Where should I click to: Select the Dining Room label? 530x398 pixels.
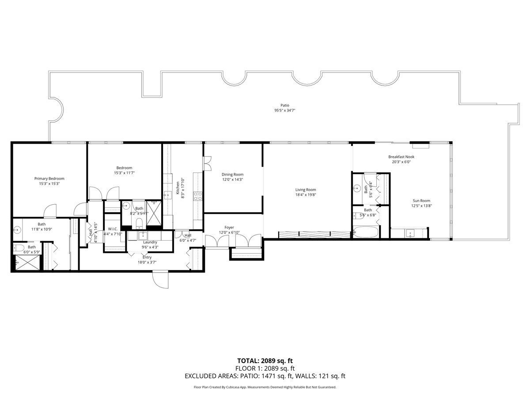(232, 174)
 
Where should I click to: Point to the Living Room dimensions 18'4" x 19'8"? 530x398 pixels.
(306, 195)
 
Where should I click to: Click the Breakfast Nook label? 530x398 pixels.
(401, 157)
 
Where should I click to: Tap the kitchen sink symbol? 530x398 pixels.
(168, 195)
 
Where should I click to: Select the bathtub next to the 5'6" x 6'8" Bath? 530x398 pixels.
(366, 232)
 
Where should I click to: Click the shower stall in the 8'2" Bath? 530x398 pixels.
(154, 207)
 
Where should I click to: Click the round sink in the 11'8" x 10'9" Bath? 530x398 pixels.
(18, 230)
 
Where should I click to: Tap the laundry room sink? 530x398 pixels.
(143, 235)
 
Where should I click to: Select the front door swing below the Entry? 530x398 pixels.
(161, 280)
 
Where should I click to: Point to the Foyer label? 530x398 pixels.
(229, 227)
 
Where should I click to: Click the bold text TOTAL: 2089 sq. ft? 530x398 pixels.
(265, 361)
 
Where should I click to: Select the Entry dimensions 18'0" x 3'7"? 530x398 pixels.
(147, 262)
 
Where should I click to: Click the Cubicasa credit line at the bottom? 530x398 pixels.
(265, 387)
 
